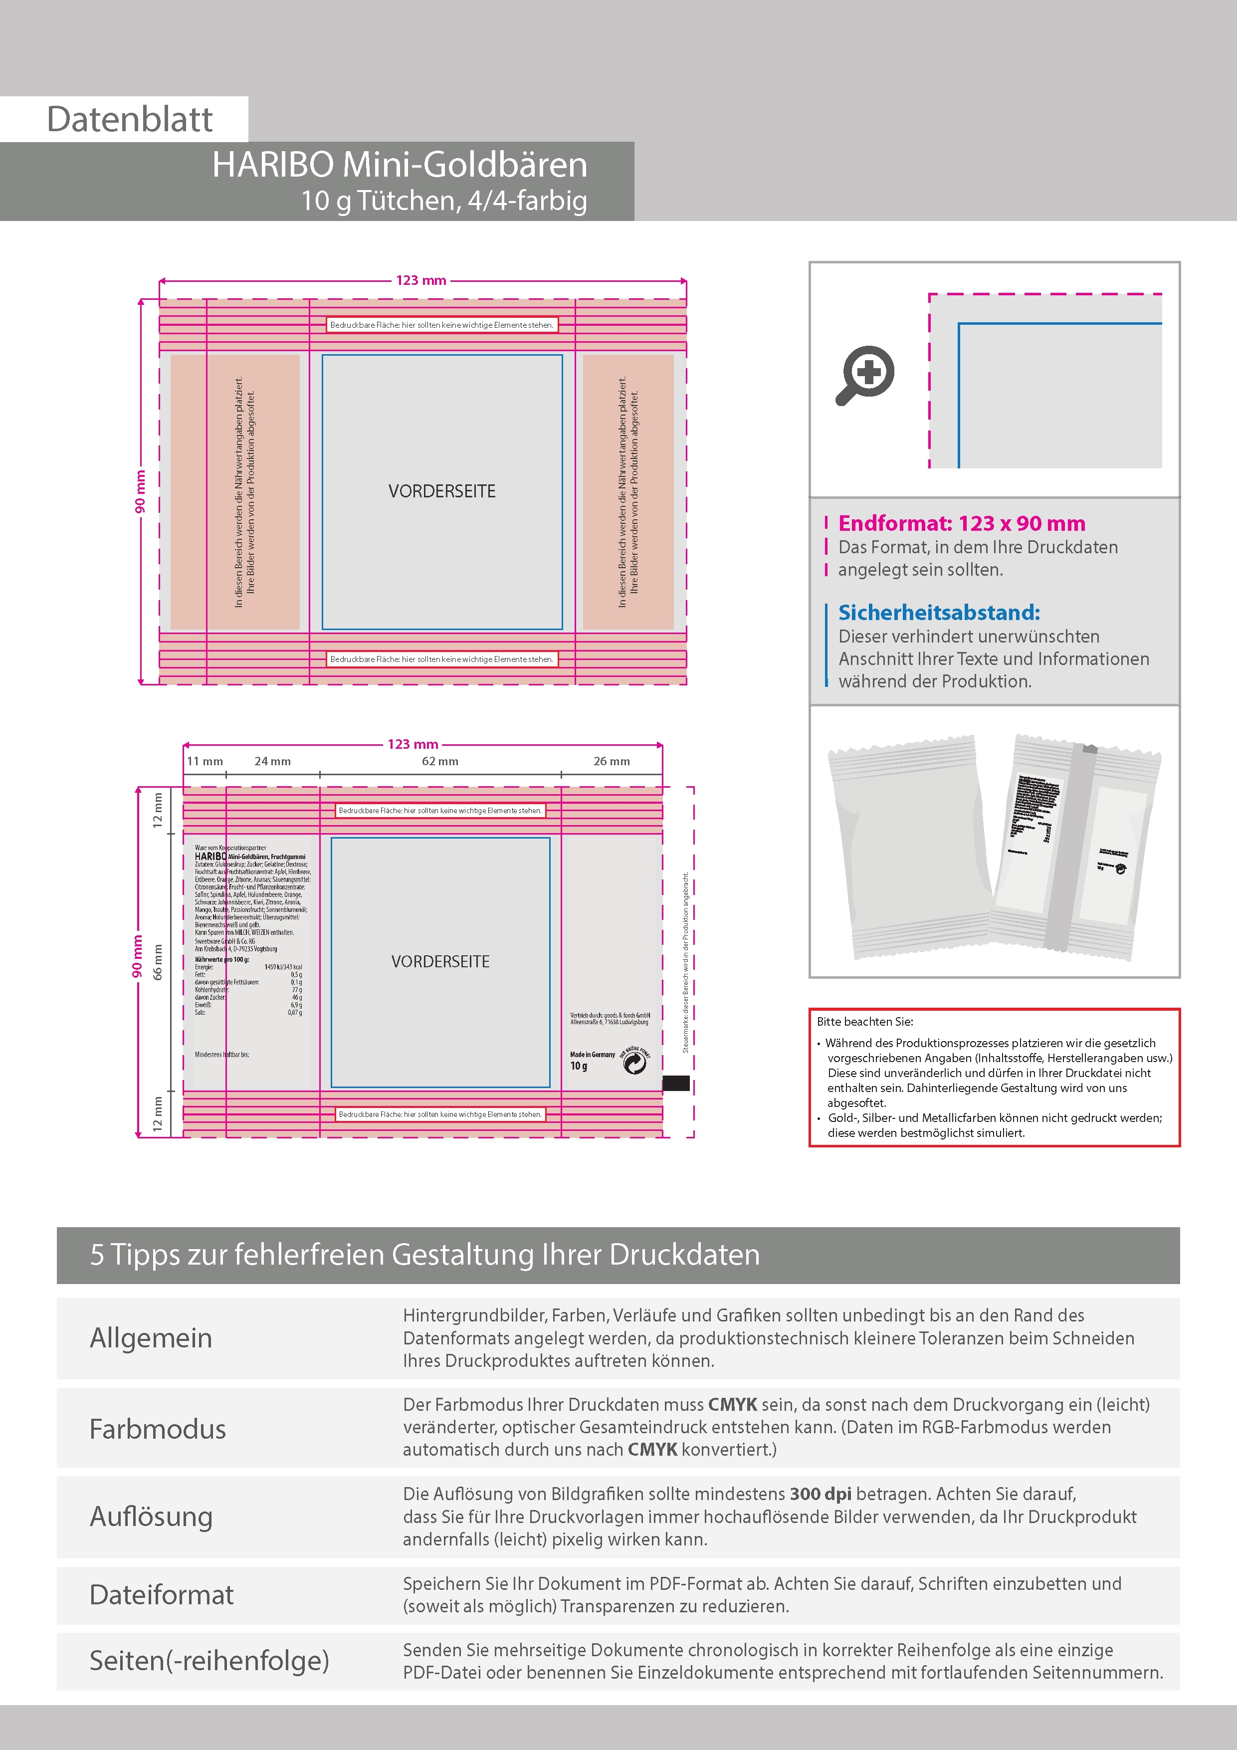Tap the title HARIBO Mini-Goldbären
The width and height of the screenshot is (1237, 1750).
pos(400,165)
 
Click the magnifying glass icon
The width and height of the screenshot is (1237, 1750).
pos(865,375)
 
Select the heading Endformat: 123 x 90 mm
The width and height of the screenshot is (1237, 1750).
pos(961,524)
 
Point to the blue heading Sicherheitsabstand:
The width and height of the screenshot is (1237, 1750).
pos(938,612)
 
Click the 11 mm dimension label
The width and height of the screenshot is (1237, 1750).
pos(205,761)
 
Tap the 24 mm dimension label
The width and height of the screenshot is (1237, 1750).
pos(272,761)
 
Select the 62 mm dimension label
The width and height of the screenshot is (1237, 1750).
pos(440,761)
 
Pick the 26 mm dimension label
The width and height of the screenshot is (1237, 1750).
pos(611,761)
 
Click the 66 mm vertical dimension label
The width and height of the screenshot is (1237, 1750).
pos(158,962)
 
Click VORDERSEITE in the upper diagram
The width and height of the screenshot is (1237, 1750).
pos(442,491)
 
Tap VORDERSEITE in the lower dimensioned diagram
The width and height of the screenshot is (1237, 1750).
pos(440,962)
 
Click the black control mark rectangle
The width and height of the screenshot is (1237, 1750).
pos(676,1083)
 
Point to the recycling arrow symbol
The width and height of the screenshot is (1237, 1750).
pos(634,1063)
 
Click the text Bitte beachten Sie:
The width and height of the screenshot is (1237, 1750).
pos(864,1021)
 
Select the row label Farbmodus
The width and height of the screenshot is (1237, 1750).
pos(158,1429)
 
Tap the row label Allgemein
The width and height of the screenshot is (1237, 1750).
pos(151,1338)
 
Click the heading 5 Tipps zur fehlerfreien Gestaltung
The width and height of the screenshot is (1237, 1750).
pos(424,1255)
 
